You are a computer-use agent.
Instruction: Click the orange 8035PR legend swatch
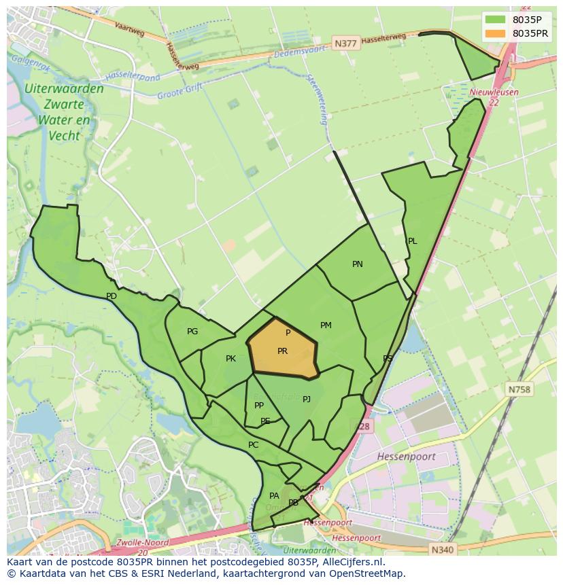pos(496,33)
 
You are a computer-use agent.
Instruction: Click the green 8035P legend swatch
pos(496,20)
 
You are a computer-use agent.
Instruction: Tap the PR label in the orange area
pos(282,351)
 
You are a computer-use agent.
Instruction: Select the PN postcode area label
pos(358,264)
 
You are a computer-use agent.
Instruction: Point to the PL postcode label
pos(412,241)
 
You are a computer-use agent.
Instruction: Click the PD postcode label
pos(112,296)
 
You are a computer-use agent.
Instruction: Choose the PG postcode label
pos(192,332)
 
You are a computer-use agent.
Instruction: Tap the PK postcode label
pos(231,359)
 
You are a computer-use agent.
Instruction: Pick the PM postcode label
pos(326,325)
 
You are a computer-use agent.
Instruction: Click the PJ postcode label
pos(307,400)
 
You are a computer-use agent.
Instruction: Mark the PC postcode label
pos(253,446)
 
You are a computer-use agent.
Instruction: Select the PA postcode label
pos(274,496)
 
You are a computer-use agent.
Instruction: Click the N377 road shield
pos(345,43)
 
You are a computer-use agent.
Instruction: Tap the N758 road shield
pos(519,389)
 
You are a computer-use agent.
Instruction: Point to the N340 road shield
pos(441,548)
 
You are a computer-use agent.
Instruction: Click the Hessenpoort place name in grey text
pos(406,457)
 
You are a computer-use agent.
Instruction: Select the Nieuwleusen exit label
pos(494,92)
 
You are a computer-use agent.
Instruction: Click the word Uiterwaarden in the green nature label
pos(64,89)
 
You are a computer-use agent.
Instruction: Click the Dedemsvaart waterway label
pos(296,52)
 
